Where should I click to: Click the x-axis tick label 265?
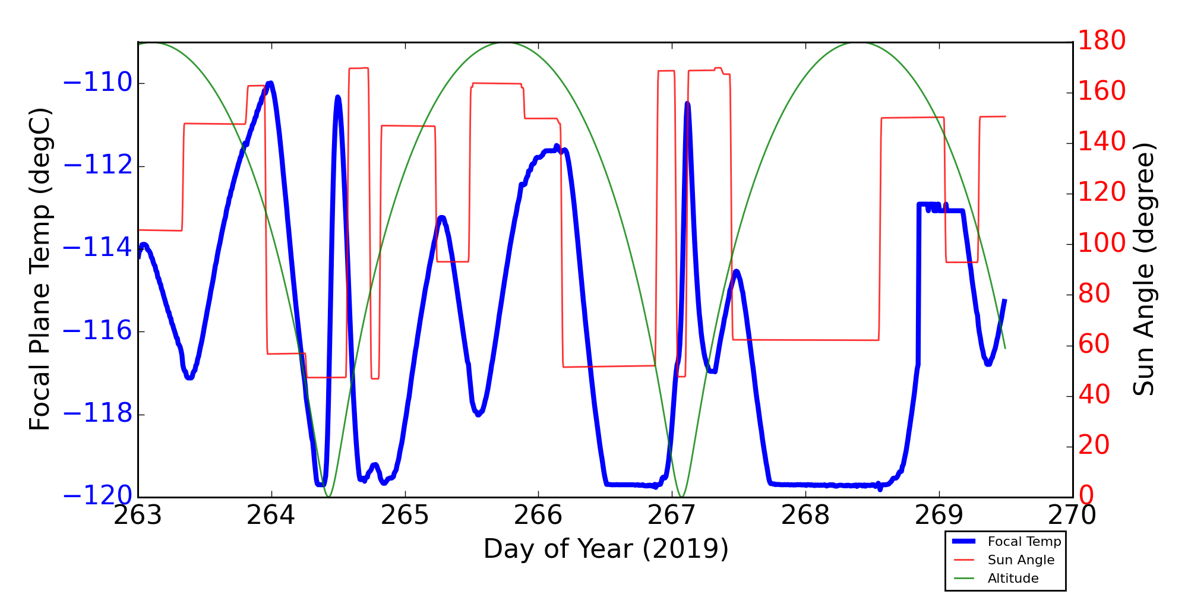click(405, 516)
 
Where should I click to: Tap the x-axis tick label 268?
click(805, 516)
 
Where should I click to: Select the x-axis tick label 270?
click(1072, 516)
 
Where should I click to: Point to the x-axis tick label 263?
click(138, 516)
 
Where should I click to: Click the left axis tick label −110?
click(97, 83)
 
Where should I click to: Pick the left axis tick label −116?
click(97, 331)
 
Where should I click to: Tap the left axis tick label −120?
click(97, 497)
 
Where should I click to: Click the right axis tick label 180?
click(1102, 41)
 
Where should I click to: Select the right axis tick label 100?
click(1102, 244)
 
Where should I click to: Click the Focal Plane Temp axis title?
click(40, 269)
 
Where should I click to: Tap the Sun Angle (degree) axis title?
click(1143, 269)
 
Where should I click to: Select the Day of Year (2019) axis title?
click(605, 549)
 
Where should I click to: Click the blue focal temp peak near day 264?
click(270, 84)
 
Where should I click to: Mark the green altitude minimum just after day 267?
click(681, 496)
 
